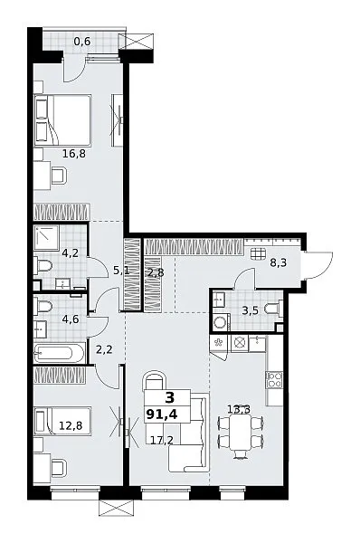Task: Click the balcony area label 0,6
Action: click(x=82, y=42)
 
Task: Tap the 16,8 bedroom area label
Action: click(x=74, y=153)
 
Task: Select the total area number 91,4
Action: click(x=162, y=414)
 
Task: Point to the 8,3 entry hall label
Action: click(x=279, y=262)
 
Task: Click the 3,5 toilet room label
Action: click(x=250, y=310)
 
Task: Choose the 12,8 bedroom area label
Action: click(x=71, y=425)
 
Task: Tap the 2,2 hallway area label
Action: click(x=104, y=349)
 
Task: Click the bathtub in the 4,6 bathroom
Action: click(x=59, y=353)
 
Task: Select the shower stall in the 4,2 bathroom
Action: click(x=46, y=238)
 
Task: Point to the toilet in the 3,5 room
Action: click(x=273, y=309)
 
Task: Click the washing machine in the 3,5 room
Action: click(x=220, y=322)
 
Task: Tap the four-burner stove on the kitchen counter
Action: click(x=274, y=379)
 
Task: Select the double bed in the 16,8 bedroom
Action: click(x=62, y=120)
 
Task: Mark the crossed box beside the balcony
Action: click(x=136, y=41)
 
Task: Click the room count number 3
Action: click(x=170, y=398)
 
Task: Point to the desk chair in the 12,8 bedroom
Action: click(x=59, y=468)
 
